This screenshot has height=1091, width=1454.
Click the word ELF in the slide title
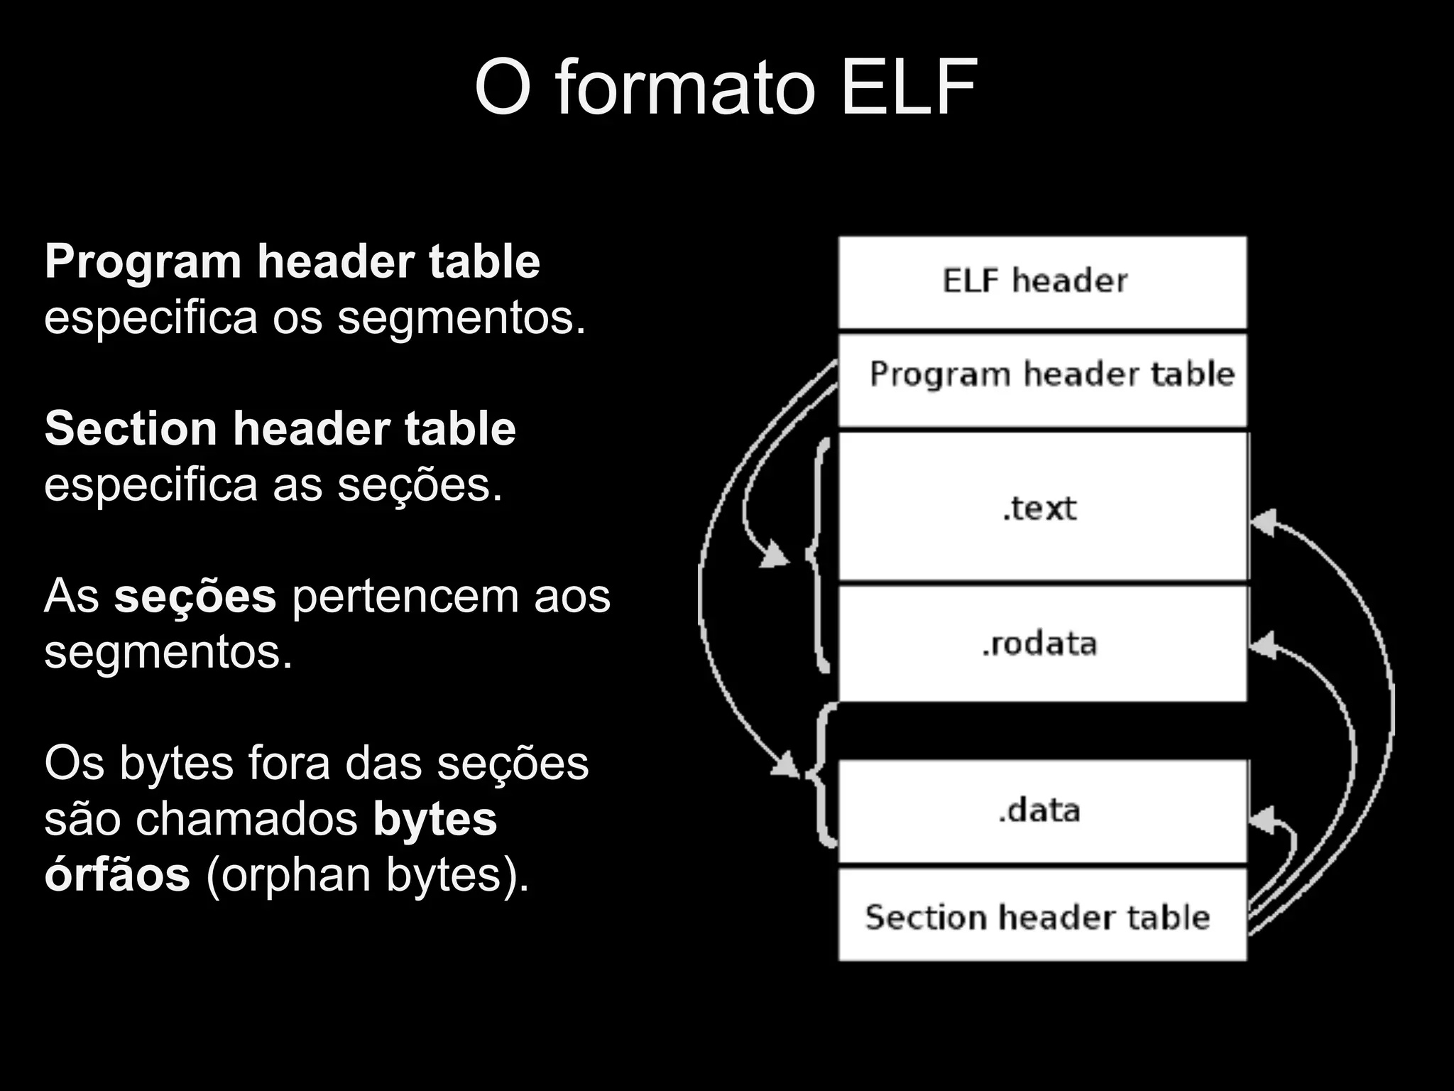pos(909,88)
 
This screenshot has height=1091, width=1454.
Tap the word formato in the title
pos(683,88)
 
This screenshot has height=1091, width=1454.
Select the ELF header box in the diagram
pos(1042,282)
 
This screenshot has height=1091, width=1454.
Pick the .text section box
pos(1042,507)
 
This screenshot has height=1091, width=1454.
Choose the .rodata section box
pos(1042,644)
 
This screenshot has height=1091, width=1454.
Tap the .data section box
pos(1042,810)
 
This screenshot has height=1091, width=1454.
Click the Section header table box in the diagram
pos(1042,916)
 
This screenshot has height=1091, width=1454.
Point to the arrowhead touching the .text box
pos(1263,523)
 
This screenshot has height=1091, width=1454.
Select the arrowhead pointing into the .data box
pos(1262,821)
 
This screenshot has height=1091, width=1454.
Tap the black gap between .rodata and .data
pos(1042,730)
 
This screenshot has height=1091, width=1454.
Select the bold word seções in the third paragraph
pos(195,596)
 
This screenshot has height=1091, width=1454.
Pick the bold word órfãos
pos(117,874)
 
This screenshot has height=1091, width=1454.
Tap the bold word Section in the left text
pos(130,429)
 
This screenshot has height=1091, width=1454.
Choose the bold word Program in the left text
pos(143,262)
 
